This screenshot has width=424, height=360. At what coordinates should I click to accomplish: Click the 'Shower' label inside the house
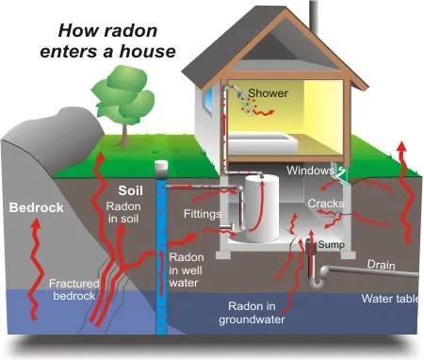click(x=269, y=93)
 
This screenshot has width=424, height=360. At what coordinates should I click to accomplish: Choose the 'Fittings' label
click(x=202, y=214)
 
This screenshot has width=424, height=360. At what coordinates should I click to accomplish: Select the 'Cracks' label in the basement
click(x=324, y=203)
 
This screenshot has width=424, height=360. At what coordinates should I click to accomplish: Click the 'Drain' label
click(x=380, y=266)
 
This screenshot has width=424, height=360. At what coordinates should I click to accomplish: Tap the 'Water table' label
click(x=390, y=299)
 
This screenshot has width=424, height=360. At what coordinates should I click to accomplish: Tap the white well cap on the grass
click(x=161, y=168)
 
